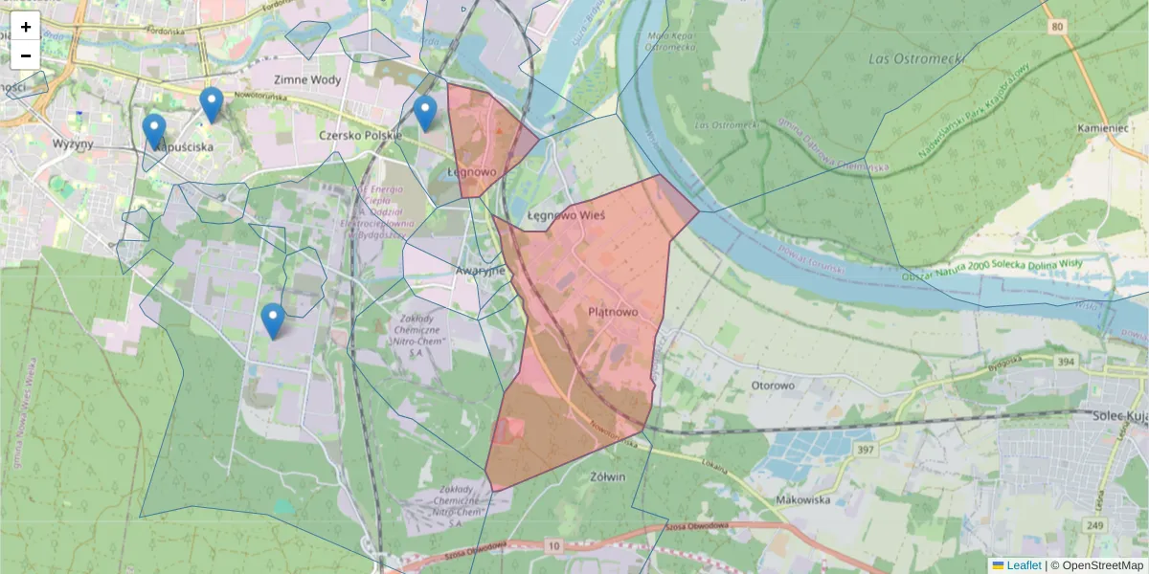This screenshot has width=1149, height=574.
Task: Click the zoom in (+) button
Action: point(26,27)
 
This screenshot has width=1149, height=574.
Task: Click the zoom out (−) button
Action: point(26,55)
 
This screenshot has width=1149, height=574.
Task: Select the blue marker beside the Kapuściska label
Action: point(153,132)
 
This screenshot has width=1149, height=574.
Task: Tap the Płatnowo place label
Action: point(613,312)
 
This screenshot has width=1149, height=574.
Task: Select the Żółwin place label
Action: point(608,476)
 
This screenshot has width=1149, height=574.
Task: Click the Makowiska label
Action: point(802,499)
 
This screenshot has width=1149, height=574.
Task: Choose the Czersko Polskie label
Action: point(360,136)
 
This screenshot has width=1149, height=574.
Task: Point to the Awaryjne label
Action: point(480,271)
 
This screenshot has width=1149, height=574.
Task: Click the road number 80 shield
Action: point(1056,27)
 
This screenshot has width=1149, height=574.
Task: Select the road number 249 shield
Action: point(1095,524)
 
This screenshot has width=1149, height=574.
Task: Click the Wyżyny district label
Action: point(74,143)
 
